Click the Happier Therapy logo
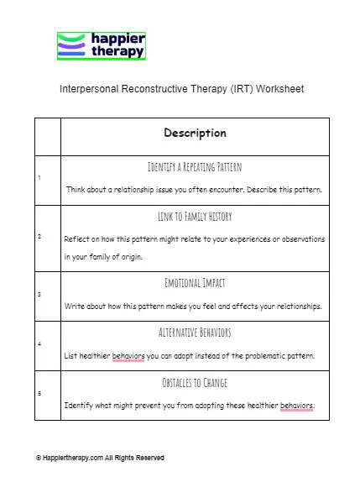point(101,45)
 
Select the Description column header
point(195,133)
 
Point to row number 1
point(39,177)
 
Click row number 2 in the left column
point(39,236)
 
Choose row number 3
point(39,295)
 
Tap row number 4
point(39,343)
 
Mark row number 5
point(39,393)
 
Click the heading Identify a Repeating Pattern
point(195,167)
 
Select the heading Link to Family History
point(195,218)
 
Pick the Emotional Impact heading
point(195,283)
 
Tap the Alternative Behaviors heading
point(195,333)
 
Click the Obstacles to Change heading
point(195,383)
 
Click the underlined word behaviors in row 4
point(128,356)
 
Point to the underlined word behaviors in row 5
point(296,406)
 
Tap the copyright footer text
point(100,458)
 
